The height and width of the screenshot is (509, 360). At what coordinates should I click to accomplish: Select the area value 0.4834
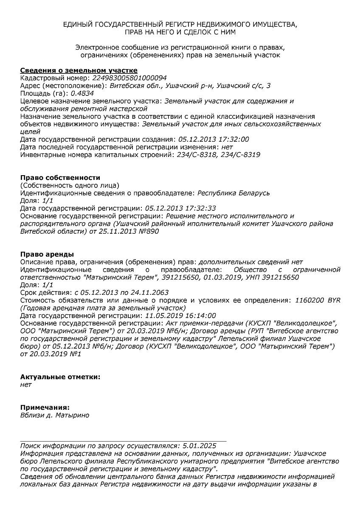point(82,93)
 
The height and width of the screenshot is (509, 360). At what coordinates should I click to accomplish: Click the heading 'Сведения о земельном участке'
point(79,70)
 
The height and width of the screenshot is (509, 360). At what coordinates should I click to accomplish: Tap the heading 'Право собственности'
point(60,177)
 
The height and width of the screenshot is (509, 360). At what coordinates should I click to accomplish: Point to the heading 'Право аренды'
point(47,254)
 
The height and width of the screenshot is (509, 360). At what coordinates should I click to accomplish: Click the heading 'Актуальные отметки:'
point(60,377)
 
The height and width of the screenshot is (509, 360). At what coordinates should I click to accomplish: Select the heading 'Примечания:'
point(45,407)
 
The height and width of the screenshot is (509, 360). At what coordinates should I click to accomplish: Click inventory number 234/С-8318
point(191,155)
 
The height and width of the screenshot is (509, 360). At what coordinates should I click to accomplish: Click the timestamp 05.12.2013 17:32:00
point(214,139)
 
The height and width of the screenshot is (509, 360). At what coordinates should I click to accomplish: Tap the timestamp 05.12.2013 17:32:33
point(180,208)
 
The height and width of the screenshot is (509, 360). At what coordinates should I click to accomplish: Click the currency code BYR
point(334,300)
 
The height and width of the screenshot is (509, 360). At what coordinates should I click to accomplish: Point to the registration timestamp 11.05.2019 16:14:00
point(180,315)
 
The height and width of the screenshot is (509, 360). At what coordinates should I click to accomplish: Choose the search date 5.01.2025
point(199,445)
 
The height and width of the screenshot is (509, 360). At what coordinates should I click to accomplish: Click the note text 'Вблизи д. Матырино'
point(55,415)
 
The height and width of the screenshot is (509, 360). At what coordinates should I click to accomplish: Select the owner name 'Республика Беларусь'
point(233,193)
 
